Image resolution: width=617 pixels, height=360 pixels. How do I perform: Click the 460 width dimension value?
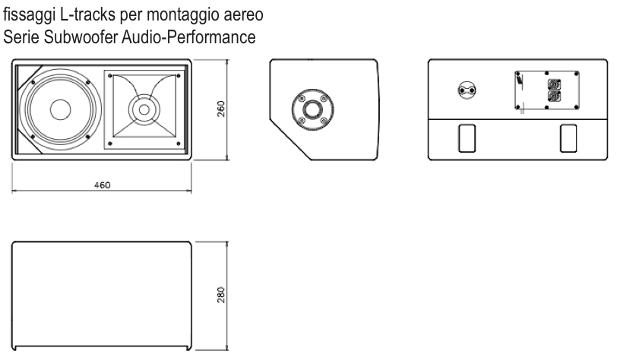[x=103, y=185]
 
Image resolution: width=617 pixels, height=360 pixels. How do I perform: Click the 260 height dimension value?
[x=221, y=109]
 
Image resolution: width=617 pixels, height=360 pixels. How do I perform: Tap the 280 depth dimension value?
[x=221, y=295]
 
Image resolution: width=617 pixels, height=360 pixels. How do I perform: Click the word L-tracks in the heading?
[x=88, y=15]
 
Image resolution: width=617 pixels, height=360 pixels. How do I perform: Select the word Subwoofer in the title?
[x=81, y=37]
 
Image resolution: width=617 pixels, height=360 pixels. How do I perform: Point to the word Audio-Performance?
[x=189, y=37]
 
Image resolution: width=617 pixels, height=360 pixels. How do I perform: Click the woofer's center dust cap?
[x=61, y=109]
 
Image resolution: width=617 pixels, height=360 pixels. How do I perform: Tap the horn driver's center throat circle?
[x=144, y=110]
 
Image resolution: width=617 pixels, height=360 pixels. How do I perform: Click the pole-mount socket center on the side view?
[x=313, y=109]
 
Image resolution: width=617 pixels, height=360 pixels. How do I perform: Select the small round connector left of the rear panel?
[x=467, y=90]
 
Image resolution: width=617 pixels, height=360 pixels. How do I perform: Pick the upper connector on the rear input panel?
[x=555, y=84]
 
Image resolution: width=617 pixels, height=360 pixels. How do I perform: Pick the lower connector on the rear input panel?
[x=555, y=96]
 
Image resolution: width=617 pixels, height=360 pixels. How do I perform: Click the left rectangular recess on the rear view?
[x=467, y=138]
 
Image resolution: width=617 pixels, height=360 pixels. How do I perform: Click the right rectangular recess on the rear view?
[x=568, y=138]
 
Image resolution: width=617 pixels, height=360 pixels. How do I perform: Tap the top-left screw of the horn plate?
[x=110, y=76]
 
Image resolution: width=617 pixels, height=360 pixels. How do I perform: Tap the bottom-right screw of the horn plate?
[x=179, y=144]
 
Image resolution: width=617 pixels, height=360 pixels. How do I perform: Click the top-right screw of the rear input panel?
[x=577, y=74]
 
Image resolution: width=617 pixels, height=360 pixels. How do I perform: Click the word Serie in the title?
[x=21, y=37]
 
